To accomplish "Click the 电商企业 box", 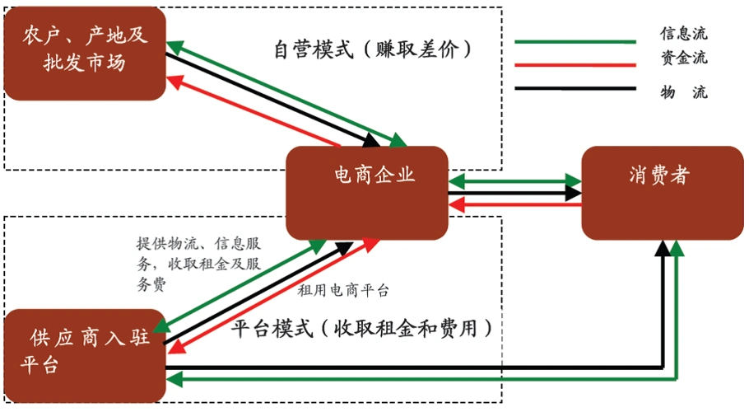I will click(x=367, y=193).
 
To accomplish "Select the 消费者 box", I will click(x=662, y=193).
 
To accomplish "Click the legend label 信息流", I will click(x=683, y=34).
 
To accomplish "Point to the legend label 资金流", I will click(x=683, y=59).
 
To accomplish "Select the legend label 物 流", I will click(x=683, y=91).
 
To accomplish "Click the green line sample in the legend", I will click(x=575, y=40).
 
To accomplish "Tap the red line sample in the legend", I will click(x=575, y=64).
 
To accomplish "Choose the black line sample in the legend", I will click(x=575, y=87).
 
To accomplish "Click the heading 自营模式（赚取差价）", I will click(x=374, y=49).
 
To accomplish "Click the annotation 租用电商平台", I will click(x=343, y=290).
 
